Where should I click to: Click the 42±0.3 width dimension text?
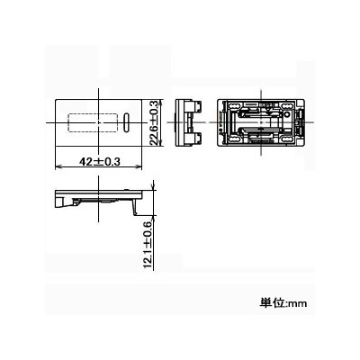point(100,162)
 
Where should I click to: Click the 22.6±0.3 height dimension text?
point(153,123)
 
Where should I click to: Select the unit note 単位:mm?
point(283,302)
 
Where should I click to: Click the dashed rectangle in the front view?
point(93,122)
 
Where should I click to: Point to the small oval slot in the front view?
point(127,121)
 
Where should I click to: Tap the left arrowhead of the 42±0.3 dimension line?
point(58,166)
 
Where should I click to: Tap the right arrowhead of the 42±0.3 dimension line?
point(139,166)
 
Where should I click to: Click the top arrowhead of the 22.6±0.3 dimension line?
point(162,103)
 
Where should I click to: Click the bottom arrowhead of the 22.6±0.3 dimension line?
point(162,143)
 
